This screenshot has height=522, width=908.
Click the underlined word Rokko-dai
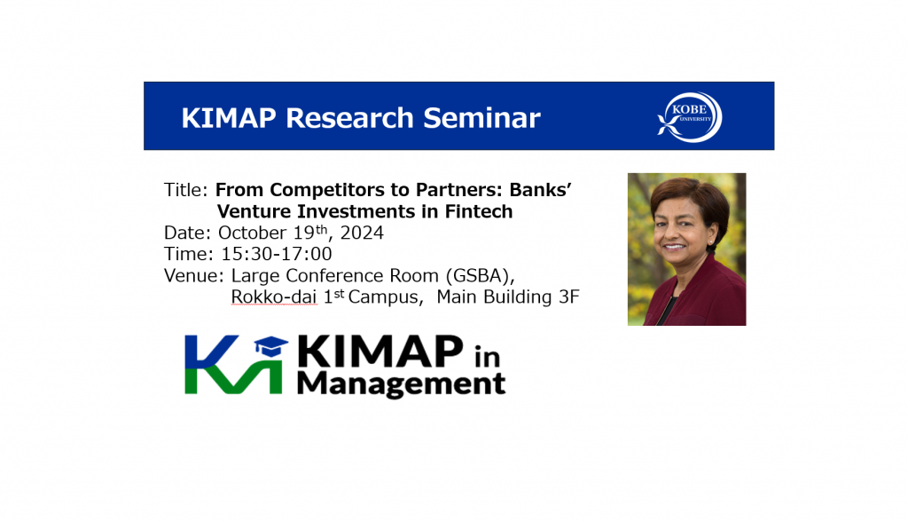click(x=273, y=297)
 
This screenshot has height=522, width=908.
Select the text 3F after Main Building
click(x=567, y=297)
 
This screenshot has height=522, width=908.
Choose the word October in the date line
click(x=253, y=233)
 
